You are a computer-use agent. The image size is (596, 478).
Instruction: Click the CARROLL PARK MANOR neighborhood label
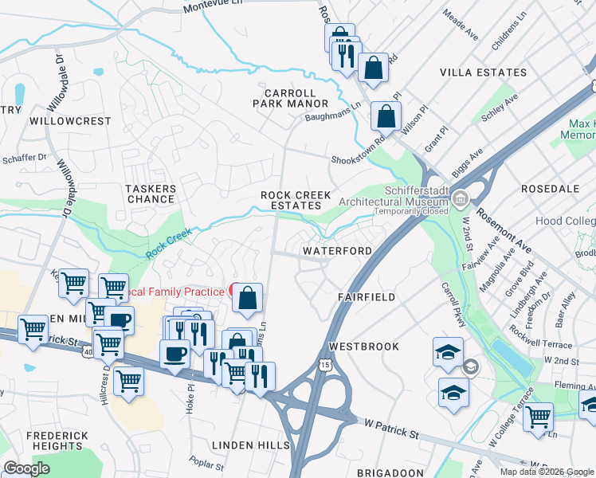[x=290, y=98]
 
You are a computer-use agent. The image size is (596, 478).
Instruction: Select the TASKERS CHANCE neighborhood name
[x=151, y=194]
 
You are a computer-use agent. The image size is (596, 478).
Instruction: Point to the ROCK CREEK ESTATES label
[x=296, y=201]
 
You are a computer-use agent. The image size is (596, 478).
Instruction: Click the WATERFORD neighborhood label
[x=337, y=251]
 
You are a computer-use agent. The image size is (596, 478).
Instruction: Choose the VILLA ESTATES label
[x=484, y=72]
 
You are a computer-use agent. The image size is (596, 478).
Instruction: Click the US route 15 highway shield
[x=324, y=364]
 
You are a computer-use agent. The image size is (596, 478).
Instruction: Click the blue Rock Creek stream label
[x=169, y=245]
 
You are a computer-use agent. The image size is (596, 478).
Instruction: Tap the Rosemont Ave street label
[x=505, y=226]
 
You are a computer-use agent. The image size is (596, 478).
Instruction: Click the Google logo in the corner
[x=26, y=468]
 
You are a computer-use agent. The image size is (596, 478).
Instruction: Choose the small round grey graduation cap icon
[x=471, y=366]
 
